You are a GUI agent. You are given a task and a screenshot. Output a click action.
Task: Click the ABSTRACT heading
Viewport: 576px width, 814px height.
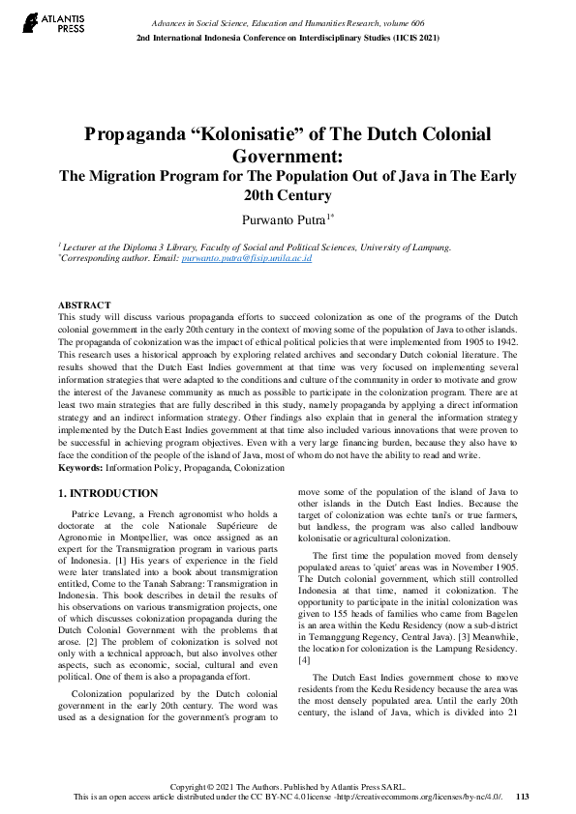pos(83,305)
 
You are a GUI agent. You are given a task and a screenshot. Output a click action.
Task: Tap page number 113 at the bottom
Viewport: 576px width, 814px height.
pos(523,798)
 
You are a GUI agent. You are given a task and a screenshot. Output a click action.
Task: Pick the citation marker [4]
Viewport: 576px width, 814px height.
pos(305,660)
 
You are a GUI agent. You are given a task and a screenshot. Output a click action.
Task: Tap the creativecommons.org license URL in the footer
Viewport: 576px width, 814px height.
pos(431,798)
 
